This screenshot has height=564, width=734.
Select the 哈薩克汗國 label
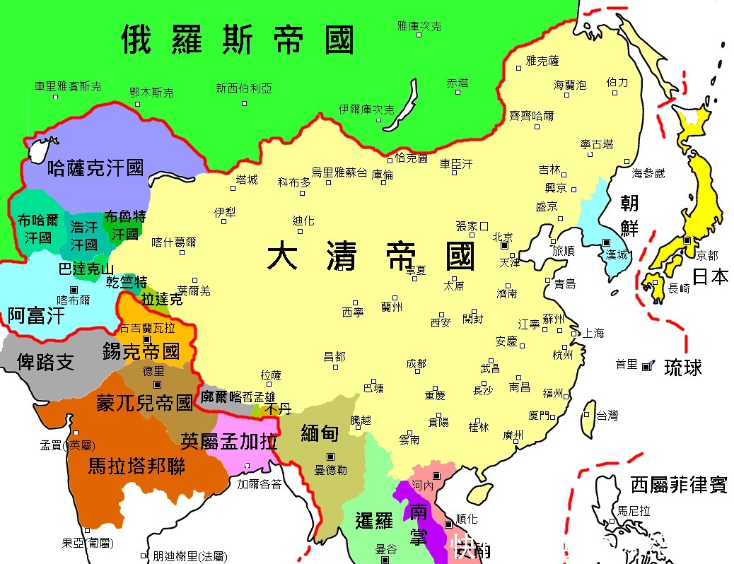pyautogui.click(x=95, y=168)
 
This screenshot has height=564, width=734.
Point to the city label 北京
pyautogui.click(x=503, y=236)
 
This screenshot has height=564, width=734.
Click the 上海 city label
pyautogui.click(x=593, y=333)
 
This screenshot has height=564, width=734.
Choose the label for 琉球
pyautogui.click(x=683, y=367)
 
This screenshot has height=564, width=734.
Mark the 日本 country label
pyautogui.click(x=710, y=276)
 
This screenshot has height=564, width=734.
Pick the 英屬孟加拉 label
pyautogui.click(x=228, y=441)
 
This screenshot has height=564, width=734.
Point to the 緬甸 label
pyautogui.click(x=320, y=433)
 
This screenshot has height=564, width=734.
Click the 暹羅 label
pyautogui.click(x=373, y=522)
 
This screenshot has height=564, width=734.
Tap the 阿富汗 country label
pyautogui.click(x=36, y=315)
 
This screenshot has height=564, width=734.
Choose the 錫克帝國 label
pyautogui.click(x=141, y=351)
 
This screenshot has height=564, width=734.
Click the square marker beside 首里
pyautogui.click(x=645, y=365)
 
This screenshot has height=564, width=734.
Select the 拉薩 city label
pyautogui.click(x=271, y=375)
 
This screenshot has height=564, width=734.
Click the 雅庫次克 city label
pyautogui.click(x=419, y=26)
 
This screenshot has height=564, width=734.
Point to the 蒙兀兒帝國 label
pyautogui.click(x=144, y=404)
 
